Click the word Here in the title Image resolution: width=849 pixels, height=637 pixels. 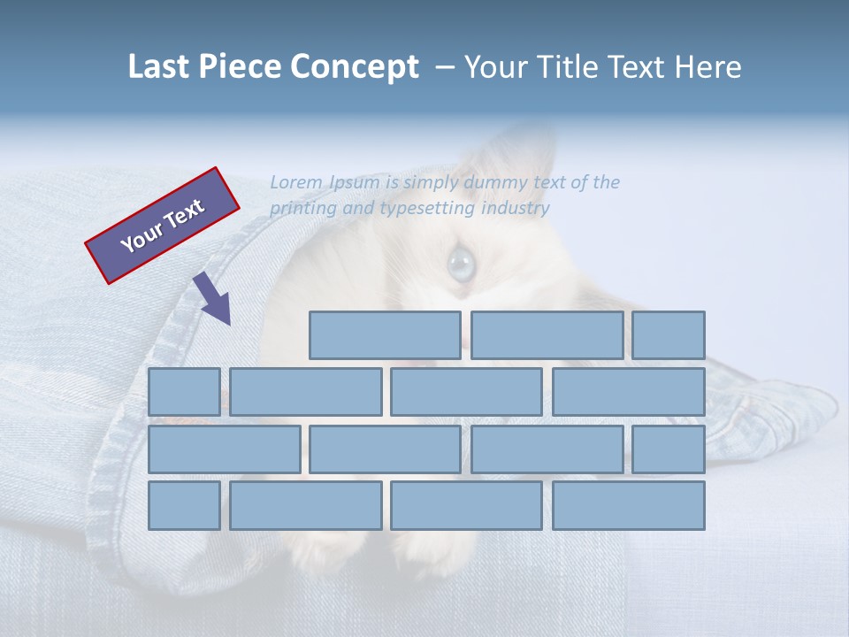click(x=707, y=67)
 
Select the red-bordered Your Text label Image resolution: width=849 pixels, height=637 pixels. click(x=163, y=226)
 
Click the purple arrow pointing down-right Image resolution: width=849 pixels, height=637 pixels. click(x=213, y=299)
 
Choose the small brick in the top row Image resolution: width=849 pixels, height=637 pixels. click(x=669, y=335)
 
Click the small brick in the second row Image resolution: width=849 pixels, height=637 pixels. click(x=184, y=392)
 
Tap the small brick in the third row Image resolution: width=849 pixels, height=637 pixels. click(x=669, y=449)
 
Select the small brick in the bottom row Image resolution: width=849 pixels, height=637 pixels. click(x=184, y=506)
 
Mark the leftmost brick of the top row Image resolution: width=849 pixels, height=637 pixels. click(x=385, y=335)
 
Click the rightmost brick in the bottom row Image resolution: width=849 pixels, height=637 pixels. click(x=629, y=506)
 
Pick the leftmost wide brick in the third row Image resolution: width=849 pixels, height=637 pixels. click(x=224, y=449)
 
